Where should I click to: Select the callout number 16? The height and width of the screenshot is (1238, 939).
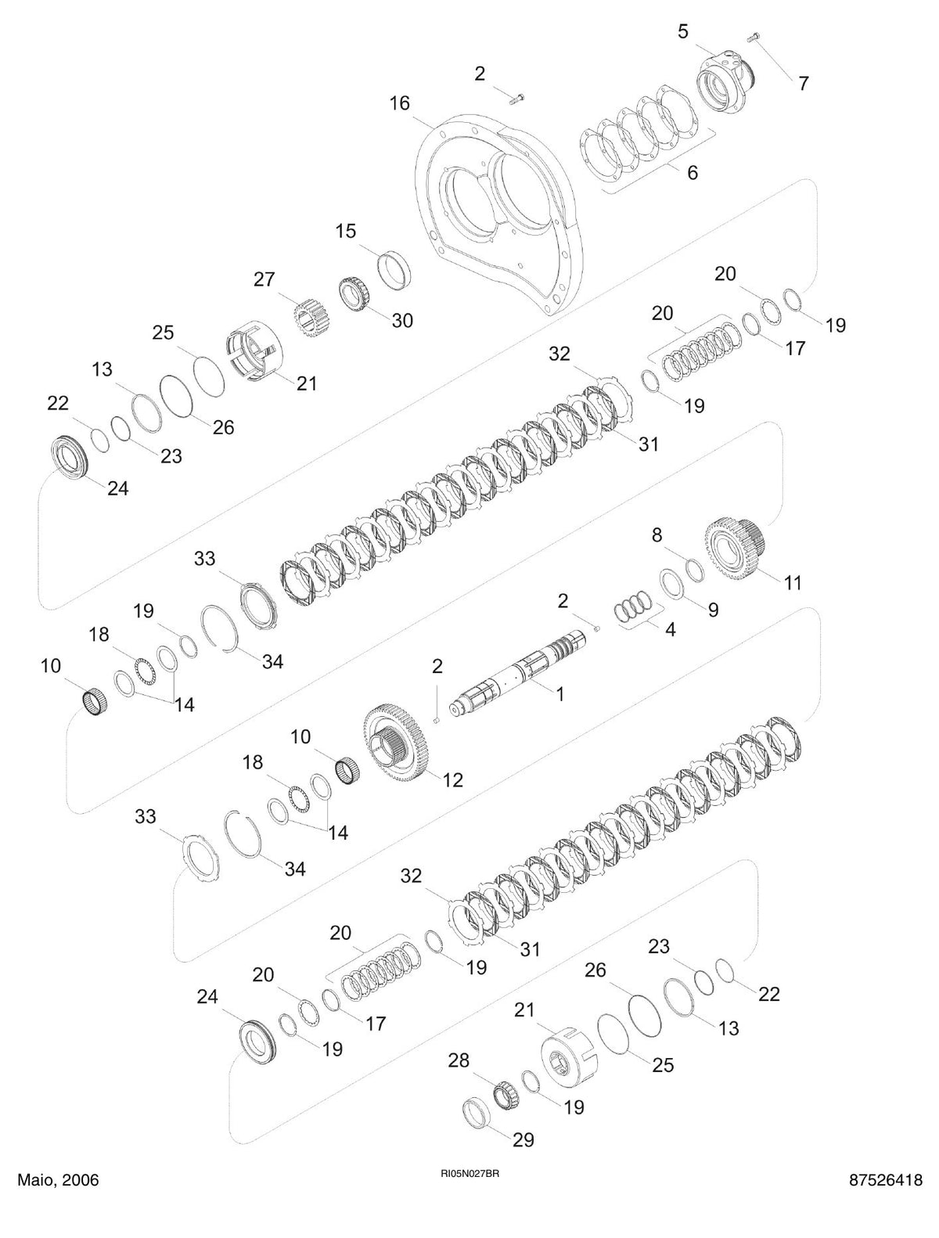pos(399,104)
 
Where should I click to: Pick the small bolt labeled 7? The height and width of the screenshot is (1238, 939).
pos(754,38)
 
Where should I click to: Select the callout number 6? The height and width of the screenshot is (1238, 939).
pos(692,172)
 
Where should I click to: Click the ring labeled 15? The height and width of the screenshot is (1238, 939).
pos(394,270)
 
